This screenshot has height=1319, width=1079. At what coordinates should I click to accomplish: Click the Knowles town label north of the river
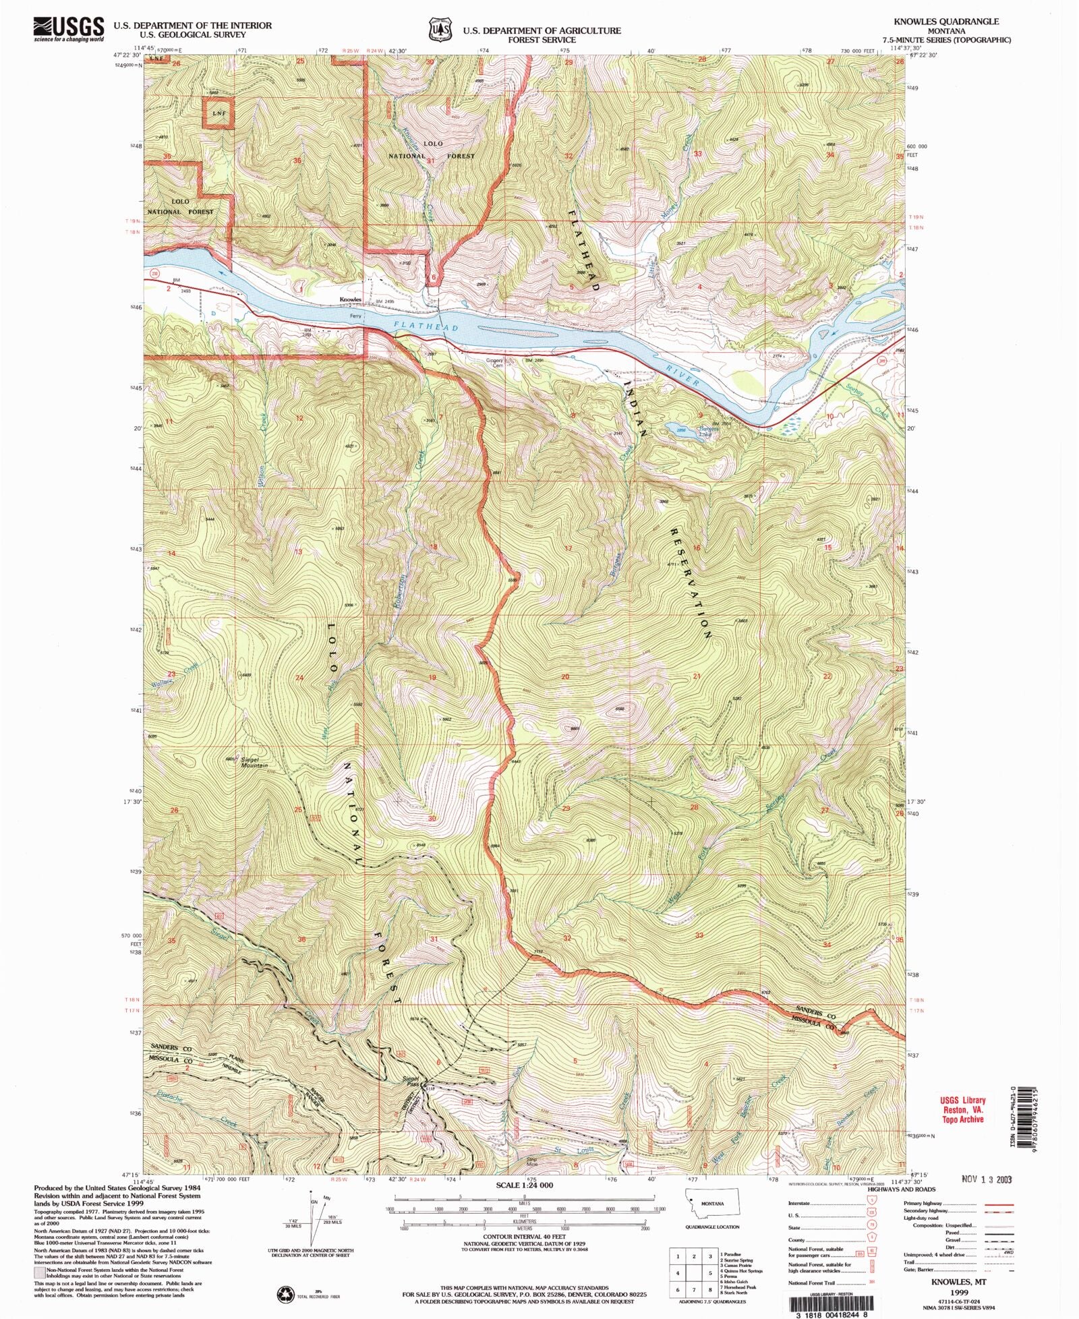(x=351, y=299)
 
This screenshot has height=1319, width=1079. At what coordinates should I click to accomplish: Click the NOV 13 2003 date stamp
(x=987, y=1179)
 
